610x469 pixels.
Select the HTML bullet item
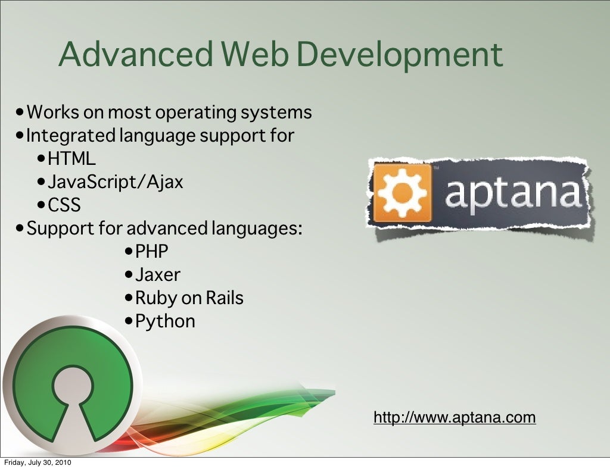tap(71, 159)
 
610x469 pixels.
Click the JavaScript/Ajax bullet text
tap(116, 182)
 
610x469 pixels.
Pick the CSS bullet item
tap(64, 205)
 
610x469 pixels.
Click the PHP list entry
tap(152, 251)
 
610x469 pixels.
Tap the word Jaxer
tap(158, 274)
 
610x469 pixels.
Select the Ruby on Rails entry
tap(189, 298)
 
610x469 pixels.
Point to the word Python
tap(165, 321)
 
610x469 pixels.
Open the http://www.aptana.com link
tap(455, 417)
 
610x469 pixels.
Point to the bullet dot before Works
tap(21, 112)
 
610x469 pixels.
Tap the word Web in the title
tap(254, 54)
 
